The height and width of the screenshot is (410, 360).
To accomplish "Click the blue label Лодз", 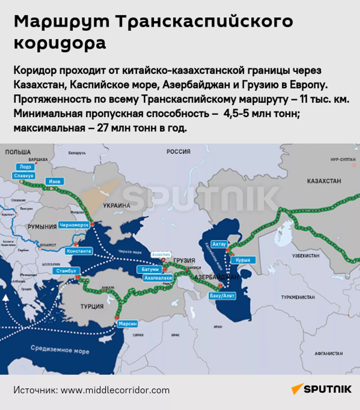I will click(x=25, y=167).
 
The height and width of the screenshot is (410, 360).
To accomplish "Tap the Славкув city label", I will click(x=24, y=176).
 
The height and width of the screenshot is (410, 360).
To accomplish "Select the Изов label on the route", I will click(x=55, y=181).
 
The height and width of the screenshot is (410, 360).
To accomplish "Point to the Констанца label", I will click(x=79, y=251).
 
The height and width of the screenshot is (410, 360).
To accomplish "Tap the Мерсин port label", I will click(x=128, y=324).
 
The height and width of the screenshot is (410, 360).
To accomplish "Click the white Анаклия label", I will click(x=161, y=254).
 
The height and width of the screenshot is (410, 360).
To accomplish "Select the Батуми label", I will click(x=150, y=270).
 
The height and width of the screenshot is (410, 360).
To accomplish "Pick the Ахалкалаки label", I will click(x=158, y=278).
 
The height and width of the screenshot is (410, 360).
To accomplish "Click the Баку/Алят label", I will click(x=222, y=296).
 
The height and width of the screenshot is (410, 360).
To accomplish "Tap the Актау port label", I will click(x=219, y=244).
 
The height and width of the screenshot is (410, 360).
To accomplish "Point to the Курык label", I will click(x=243, y=260).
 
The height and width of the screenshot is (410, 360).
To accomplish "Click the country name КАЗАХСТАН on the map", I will click(x=324, y=181).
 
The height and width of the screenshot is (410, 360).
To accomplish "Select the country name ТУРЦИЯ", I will click(x=92, y=306).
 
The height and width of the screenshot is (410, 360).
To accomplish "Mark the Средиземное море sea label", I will click(x=60, y=349).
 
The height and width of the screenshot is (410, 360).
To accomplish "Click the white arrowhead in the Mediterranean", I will click(x=5, y=298).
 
